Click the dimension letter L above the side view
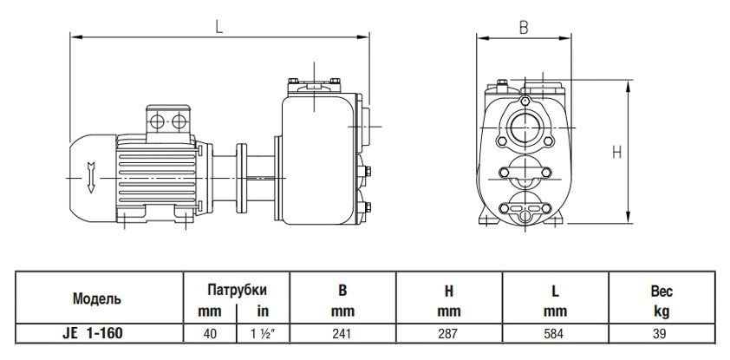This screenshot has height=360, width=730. point(219,26)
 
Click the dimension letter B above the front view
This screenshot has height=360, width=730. point(523,27)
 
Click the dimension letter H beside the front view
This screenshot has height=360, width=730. point(616,152)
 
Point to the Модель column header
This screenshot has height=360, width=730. point(97,298)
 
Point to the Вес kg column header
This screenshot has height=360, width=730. point(662,300)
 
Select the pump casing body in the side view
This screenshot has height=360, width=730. point(316,156)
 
